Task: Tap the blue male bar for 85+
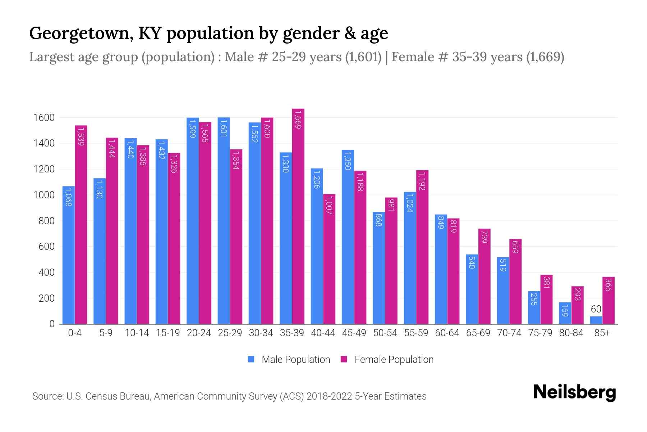point(596,320)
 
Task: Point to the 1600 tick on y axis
point(43,118)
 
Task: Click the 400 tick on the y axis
point(46,273)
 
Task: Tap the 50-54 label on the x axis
point(385,333)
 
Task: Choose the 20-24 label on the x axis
point(199,333)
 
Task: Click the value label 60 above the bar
point(596,309)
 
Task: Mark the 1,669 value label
point(298,120)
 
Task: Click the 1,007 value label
point(329,205)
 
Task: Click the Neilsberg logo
point(574,392)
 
